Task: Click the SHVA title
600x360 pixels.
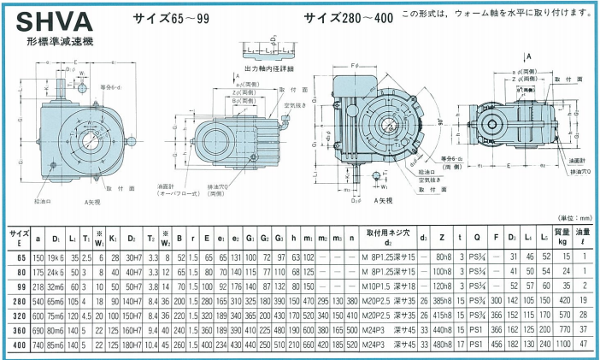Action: coord(44,22)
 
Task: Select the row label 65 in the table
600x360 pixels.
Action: coord(18,257)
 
